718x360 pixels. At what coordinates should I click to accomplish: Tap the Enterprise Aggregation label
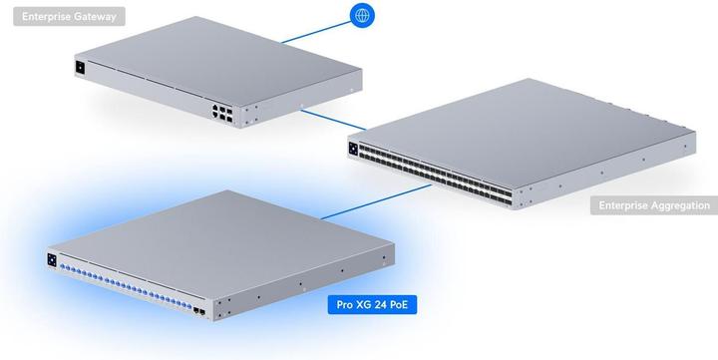coord(653,205)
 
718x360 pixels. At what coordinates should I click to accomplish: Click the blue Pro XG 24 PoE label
coord(372,302)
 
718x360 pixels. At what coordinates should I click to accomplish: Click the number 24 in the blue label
coord(378,302)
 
